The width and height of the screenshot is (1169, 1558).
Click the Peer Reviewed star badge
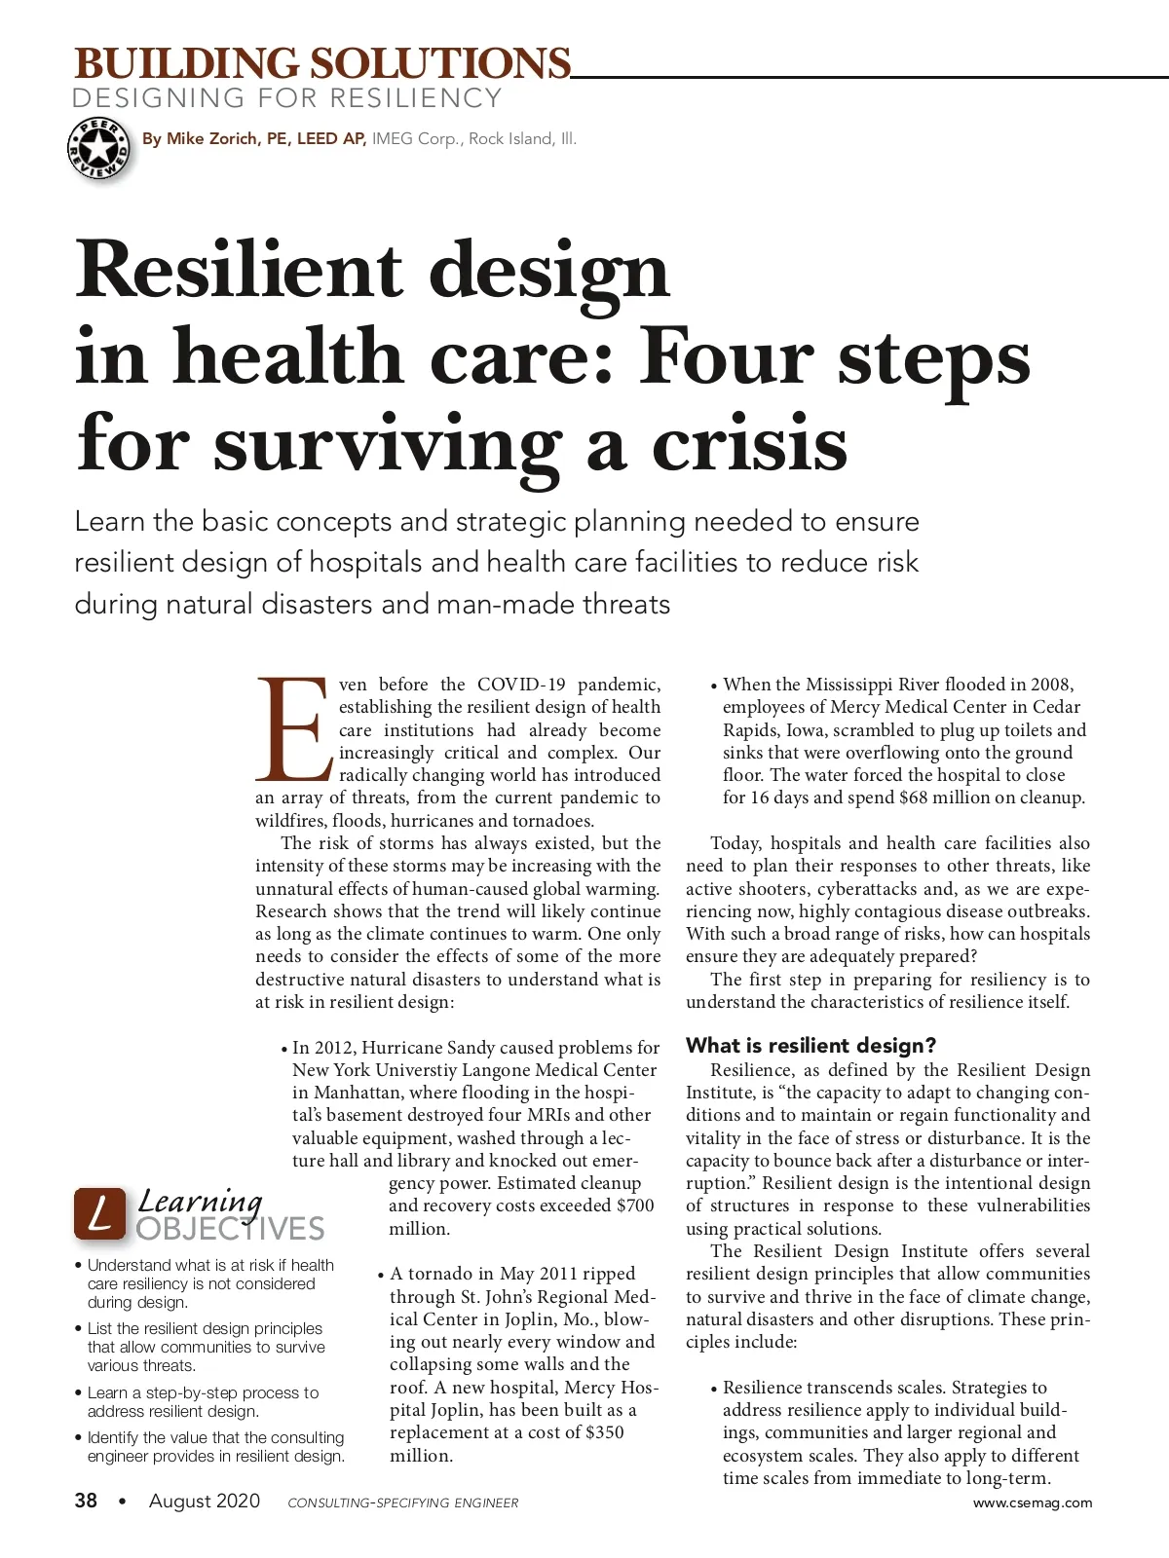point(98,149)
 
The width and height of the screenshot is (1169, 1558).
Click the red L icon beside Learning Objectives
point(99,1213)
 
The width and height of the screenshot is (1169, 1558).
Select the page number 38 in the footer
point(86,1501)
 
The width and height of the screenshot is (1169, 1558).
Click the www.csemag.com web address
point(1033,1502)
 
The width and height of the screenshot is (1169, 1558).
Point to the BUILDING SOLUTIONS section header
point(322,64)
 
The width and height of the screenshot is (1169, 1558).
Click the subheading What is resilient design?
point(811,1046)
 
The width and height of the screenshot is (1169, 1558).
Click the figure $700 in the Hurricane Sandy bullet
point(635,1206)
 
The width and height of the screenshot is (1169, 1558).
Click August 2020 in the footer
point(205,1501)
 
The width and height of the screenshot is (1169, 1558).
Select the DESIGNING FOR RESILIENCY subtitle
point(287,98)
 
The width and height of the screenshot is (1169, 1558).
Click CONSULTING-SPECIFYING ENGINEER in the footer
point(403,1502)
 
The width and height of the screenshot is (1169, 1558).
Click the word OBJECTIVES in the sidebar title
point(230,1229)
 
